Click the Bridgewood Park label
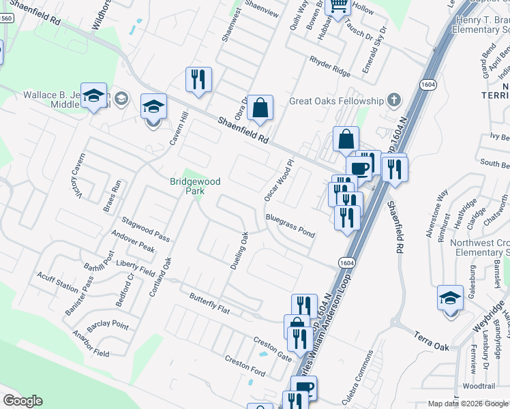187,187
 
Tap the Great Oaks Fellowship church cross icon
393,101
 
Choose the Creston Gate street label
272,346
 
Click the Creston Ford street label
245,365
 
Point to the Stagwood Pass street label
145,228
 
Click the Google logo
22,401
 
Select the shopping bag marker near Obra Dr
260,108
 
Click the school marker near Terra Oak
450,299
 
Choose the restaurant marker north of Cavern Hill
198,79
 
